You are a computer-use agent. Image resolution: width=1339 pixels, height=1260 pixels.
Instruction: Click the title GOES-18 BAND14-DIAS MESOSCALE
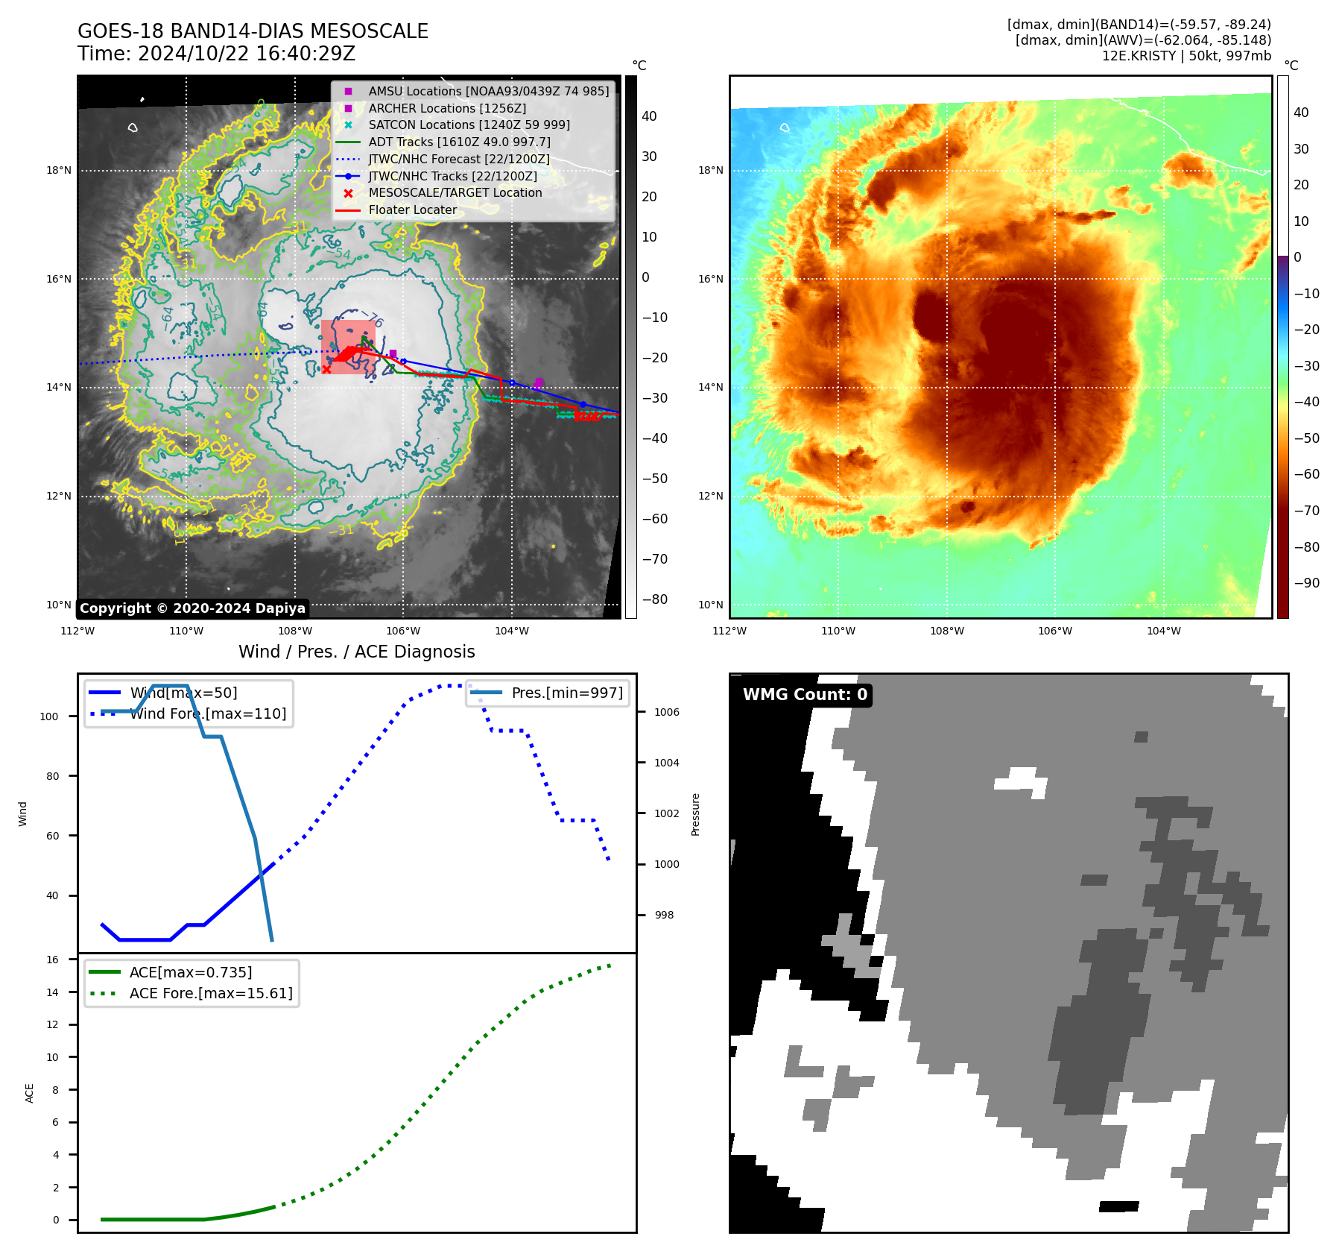(x=253, y=31)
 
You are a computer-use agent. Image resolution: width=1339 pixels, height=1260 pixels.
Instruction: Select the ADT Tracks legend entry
(x=459, y=142)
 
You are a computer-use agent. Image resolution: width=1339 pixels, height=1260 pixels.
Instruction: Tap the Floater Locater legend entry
(x=412, y=210)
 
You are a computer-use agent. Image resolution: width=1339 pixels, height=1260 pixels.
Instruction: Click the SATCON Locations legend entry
(x=469, y=125)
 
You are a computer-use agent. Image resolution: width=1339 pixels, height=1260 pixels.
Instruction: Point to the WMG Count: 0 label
(x=805, y=695)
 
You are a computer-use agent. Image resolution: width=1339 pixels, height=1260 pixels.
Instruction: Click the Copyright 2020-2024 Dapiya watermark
(x=192, y=608)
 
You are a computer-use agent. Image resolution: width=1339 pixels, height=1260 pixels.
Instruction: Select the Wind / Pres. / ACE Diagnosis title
(x=356, y=652)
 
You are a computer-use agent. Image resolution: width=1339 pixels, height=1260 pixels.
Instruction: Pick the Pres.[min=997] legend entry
(x=566, y=693)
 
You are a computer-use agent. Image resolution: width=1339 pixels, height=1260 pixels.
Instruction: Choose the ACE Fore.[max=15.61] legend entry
(x=211, y=993)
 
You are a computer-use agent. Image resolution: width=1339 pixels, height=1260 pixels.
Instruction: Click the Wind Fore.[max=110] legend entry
(x=208, y=714)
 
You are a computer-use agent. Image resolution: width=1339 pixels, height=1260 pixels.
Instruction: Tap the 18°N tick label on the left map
(x=59, y=171)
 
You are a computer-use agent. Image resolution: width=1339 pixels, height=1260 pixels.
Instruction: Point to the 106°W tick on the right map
(x=1055, y=631)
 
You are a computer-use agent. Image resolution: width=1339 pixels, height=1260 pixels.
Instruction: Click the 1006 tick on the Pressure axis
(x=667, y=712)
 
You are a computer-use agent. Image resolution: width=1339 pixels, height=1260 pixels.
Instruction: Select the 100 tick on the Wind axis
(x=49, y=716)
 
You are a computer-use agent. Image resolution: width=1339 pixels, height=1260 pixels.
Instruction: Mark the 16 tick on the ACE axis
(x=52, y=960)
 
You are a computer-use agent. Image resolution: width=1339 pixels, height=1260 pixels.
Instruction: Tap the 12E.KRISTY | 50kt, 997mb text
(x=1186, y=56)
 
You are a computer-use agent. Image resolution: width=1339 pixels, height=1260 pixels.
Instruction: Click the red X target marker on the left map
(x=326, y=369)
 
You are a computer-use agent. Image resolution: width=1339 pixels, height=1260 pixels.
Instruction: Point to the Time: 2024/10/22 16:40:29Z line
(x=216, y=54)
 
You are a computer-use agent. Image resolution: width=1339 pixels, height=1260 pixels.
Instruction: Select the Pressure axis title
(x=695, y=814)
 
